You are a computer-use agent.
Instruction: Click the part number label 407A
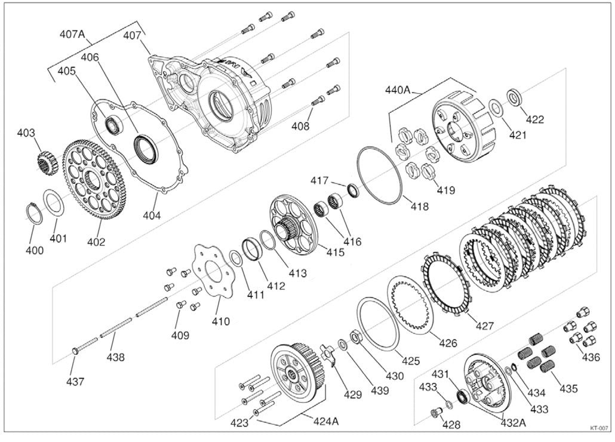72,35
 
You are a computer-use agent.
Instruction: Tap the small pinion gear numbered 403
47,162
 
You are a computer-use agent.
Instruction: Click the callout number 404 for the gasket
152,215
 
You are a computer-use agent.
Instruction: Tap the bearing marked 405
114,124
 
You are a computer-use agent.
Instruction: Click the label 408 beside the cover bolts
300,126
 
